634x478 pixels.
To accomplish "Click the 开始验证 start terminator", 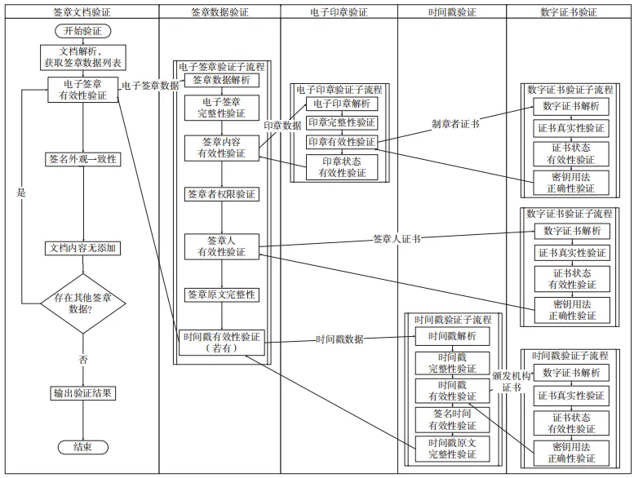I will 82,31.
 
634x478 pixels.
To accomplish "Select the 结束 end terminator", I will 82,447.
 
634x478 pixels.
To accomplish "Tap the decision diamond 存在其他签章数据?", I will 83,303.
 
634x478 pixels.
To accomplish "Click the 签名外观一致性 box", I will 83,159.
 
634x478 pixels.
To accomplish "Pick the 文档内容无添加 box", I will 83,247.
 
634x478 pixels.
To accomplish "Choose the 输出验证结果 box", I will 82,393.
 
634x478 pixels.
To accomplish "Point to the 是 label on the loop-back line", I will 22,193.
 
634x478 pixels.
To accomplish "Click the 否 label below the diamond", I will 83,360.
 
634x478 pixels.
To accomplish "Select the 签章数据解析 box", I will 222,80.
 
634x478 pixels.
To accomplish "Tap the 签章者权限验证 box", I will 222,194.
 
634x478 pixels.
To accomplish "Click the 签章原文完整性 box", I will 222,294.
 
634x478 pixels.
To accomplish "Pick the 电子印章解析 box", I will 342,104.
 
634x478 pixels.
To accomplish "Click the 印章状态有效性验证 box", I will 342,166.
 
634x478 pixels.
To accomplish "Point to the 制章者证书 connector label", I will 454,124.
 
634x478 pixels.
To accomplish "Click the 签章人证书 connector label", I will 397,239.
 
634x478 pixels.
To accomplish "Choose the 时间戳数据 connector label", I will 340,339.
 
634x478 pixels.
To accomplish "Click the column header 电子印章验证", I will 339,12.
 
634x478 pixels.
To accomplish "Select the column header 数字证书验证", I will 569,12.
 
